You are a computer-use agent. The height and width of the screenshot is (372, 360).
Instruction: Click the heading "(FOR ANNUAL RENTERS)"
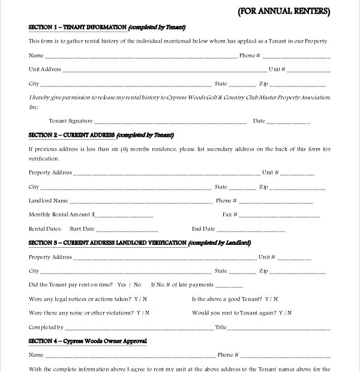pyautogui.click(x=284, y=11)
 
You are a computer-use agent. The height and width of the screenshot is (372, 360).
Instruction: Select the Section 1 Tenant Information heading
pyautogui.click(x=107, y=28)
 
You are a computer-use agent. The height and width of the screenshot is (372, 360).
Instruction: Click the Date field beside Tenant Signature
pyautogui.click(x=289, y=122)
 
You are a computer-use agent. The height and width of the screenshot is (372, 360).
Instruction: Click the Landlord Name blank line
pyautogui.click(x=142, y=202)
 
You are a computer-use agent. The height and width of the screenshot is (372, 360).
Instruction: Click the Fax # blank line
pyautogui.click(x=279, y=215)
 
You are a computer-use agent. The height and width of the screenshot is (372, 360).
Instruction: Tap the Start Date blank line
pyautogui.click(x=127, y=230)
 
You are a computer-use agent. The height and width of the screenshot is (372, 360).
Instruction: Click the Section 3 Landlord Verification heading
pyautogui.click(x=139, y=243)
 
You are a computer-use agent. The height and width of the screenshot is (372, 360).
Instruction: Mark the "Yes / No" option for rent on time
pyautogui.click(x=130, y=285)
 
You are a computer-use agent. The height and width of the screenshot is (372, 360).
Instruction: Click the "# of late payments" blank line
pyautogui.click(x=229, y=286)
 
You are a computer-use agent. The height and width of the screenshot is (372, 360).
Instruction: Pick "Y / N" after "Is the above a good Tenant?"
pyautogui.click(x=272, y=299)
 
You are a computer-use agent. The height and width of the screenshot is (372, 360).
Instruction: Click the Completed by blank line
pyautogui.click(x=139, y=328)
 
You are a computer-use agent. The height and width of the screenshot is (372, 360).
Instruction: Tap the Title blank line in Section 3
pyautogui.click(x=279, y=328)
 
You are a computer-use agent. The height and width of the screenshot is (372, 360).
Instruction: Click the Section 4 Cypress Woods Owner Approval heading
pyautogui.click(x=88, y=341)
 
